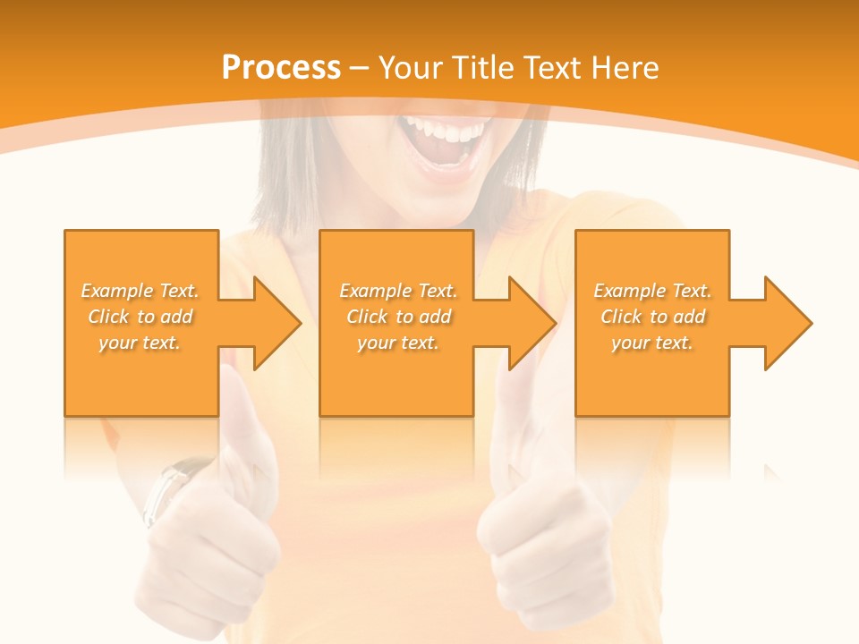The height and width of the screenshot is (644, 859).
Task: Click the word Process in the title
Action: pos(281,68)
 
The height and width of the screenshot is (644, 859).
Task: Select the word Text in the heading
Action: pos(555,68)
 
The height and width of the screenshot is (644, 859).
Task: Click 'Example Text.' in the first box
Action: pos(140,291)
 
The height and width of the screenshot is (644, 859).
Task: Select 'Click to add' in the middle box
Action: pos(398,317)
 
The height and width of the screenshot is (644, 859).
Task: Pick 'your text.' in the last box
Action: pos(652,343)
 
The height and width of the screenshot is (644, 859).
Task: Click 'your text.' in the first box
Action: pos(140,343)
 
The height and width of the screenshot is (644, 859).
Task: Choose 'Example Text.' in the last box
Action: pos(652,291)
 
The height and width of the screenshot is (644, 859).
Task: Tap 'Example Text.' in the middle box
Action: pos(398,291)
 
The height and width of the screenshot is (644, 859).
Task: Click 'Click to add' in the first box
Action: pos(140,317)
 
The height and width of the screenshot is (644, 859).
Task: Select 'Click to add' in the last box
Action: pos(652,317)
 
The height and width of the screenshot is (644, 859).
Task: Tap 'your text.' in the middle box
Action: pos(398,343)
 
